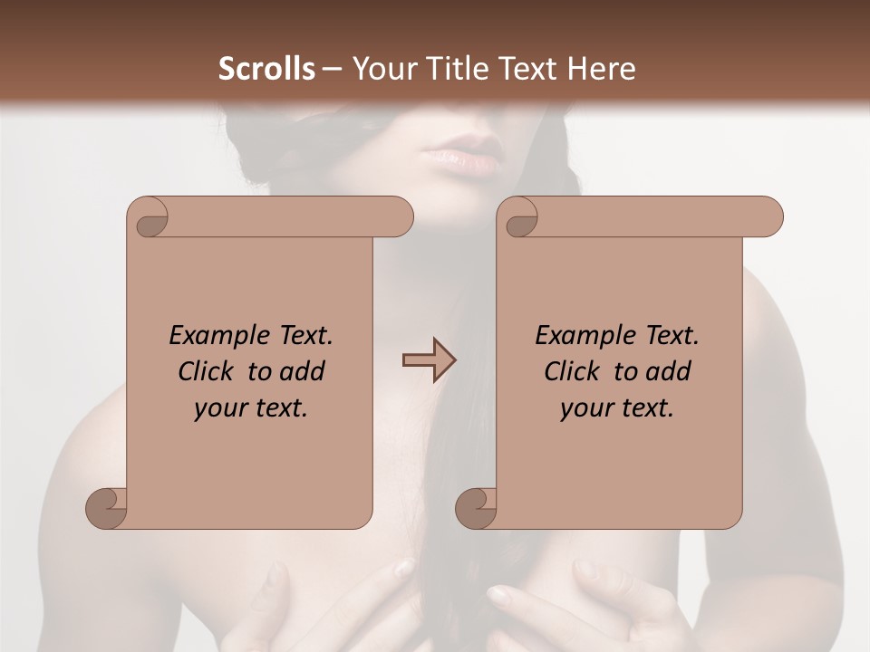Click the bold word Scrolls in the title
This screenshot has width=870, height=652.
point(267,69)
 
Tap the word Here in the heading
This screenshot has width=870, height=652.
point(602,69)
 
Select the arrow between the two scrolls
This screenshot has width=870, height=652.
point(429,360)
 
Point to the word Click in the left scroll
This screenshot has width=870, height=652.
point(209,371)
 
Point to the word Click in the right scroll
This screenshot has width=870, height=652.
point(575,371)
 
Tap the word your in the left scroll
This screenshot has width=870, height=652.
point(220,408)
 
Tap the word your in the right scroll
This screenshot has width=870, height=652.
point(586,408)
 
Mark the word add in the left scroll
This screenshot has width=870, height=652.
point(302,371)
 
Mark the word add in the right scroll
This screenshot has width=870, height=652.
point(668,371)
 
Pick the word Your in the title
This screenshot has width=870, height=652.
point(381,69)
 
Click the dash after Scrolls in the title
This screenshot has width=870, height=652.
point(332,69)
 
